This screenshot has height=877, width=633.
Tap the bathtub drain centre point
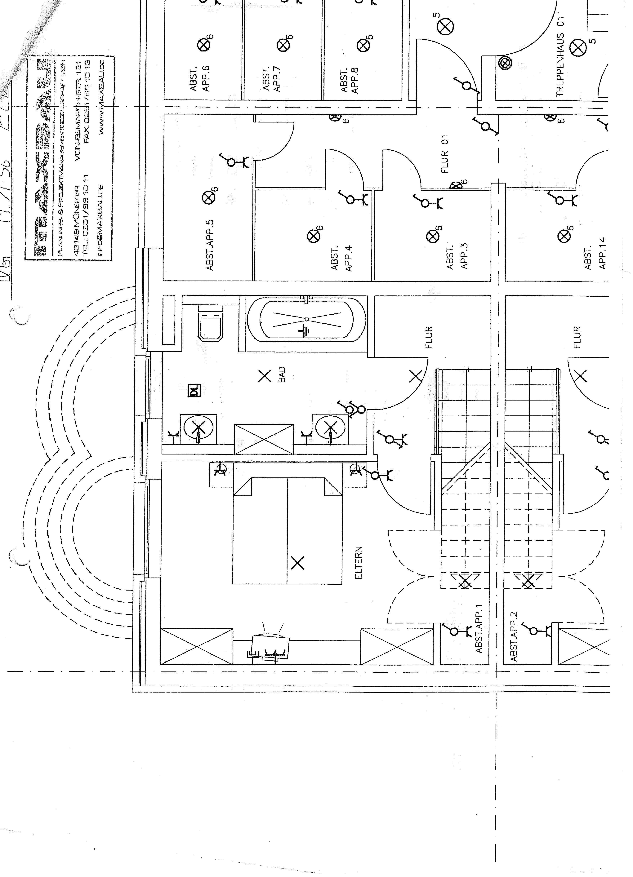pyautogui.click(x=307, y=319)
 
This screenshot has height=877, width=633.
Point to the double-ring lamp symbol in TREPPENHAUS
pyautogui.click(x=505, y=63)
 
